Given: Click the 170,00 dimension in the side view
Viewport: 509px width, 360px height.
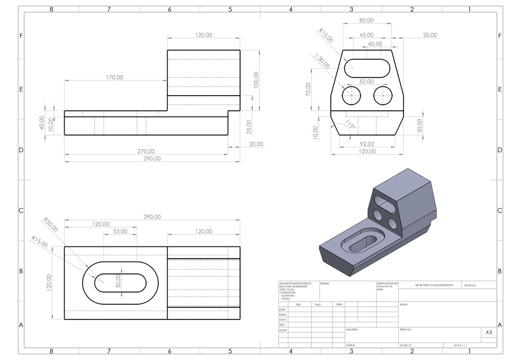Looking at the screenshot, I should pos(114,77).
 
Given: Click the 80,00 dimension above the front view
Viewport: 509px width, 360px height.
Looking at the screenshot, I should pos(366,20).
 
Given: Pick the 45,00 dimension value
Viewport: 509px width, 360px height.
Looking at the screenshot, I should pos(366,35).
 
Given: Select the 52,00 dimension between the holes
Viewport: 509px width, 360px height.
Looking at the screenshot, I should pos(367,82).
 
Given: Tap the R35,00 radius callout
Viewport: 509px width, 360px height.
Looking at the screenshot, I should pos(50,224).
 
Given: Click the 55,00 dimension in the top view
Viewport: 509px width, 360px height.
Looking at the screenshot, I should pos(120,231).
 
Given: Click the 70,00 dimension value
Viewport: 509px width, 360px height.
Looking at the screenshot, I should pos(308,89).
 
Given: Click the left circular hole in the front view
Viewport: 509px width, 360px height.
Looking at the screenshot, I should pos(352,96).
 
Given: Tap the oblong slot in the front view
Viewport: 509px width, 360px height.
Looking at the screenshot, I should pos(367,67).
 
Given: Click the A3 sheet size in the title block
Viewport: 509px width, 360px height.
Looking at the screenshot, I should pos(488,333).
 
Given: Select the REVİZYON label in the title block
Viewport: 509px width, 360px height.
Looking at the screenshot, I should pos(470,285).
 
